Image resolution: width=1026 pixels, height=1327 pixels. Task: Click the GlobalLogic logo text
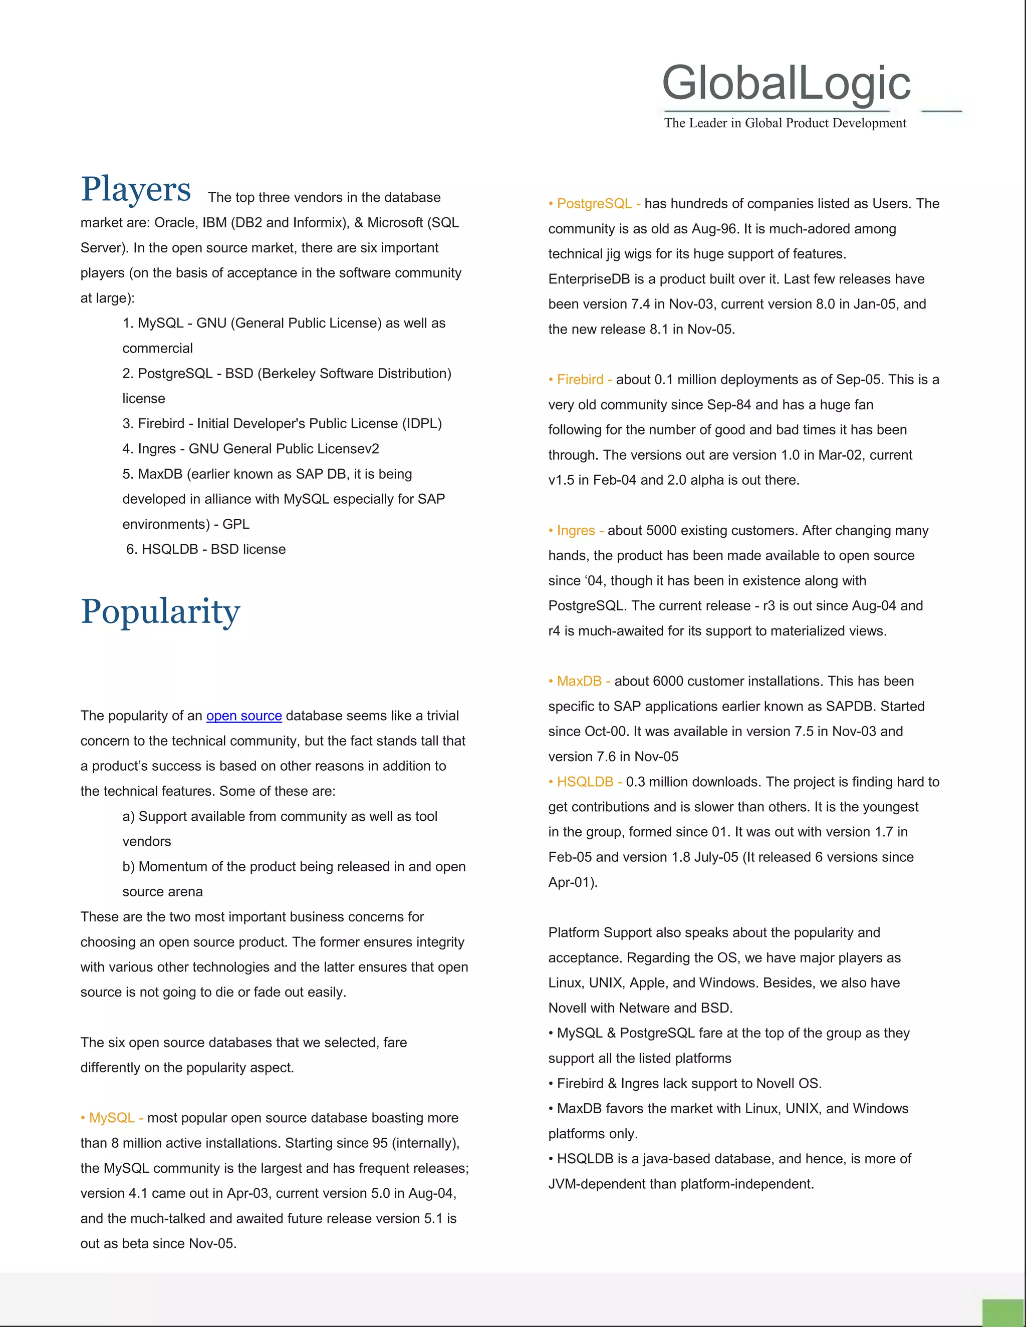(x=786, y=83)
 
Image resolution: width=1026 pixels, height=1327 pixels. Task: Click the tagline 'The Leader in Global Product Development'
(x=785, y=123)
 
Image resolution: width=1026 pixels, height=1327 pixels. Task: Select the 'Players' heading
(x=136, y=189)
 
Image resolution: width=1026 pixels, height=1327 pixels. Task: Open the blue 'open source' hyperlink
(x=244, y=716)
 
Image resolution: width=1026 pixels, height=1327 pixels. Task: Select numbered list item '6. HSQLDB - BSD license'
(x=205, y=549)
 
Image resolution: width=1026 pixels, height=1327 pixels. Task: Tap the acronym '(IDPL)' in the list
(x=422, y=424)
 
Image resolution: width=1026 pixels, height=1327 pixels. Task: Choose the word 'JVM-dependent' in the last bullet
(x=593, y=1184)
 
